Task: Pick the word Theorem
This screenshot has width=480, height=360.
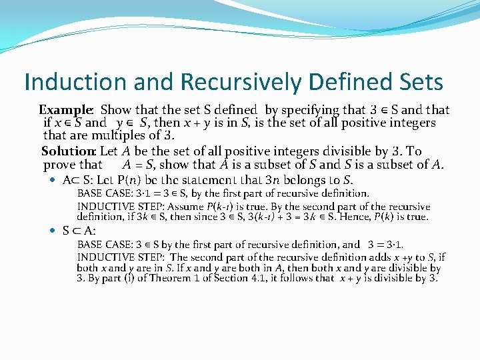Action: click(151, 278)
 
